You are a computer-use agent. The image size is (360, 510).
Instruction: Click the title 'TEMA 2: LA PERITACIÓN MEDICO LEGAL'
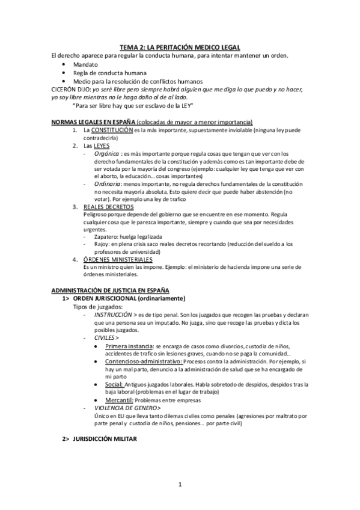(x=180, y=47)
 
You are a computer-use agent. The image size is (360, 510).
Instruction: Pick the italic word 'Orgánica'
(x=106, y=153)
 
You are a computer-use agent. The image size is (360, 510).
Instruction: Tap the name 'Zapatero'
(x=107, y=236)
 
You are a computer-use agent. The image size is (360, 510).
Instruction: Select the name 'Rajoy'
(x=102, y=244)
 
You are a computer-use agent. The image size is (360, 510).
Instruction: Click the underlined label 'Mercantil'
(x=119, y=400)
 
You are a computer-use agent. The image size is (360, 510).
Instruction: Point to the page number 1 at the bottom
(x=180, y=485)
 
